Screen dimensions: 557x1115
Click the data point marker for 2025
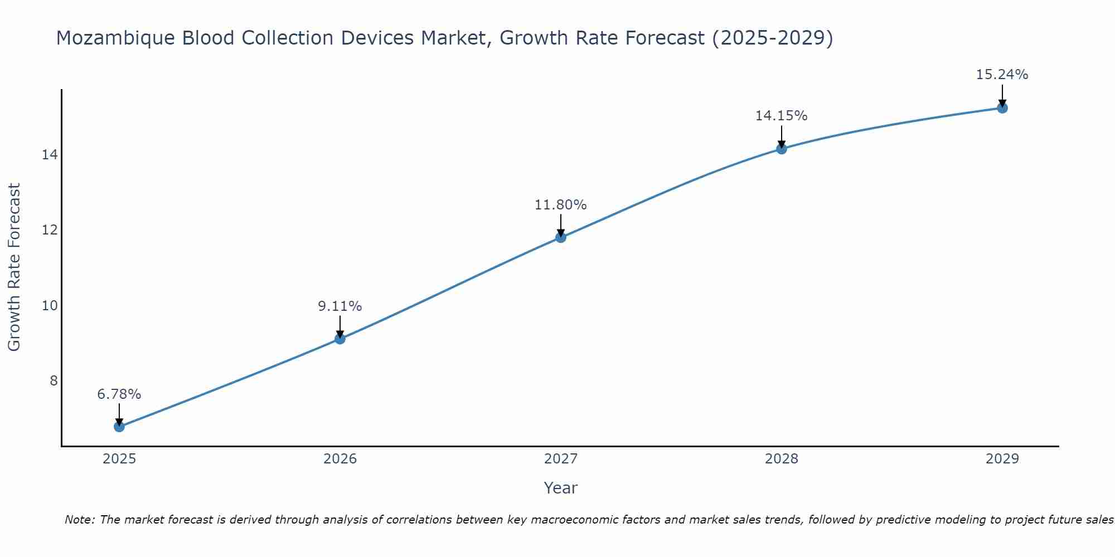click(119, 427)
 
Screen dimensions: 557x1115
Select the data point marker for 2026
click(340, 339)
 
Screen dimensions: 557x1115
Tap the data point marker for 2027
click(561, 237)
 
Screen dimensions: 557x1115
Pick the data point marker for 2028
click(782, 149)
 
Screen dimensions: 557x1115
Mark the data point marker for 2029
click(1002, 108)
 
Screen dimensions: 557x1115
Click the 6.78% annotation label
click(119, 394)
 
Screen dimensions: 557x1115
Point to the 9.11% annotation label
click(340, 306)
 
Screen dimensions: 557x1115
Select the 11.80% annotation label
click(561, 205)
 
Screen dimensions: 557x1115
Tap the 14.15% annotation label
click(782, 116)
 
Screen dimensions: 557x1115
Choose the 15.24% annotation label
click(1002, 75)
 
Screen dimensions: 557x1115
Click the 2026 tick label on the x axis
click(340, 459)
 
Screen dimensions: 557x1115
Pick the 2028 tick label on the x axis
click(782, 459)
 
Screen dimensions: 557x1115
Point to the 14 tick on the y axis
click(50, 155)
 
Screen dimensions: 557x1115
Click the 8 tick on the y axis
click(54, 381)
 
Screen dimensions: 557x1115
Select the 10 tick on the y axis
click(50, 306)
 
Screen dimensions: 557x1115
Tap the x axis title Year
click(561, 488)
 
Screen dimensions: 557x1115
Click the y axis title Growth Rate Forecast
click(14, 267)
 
